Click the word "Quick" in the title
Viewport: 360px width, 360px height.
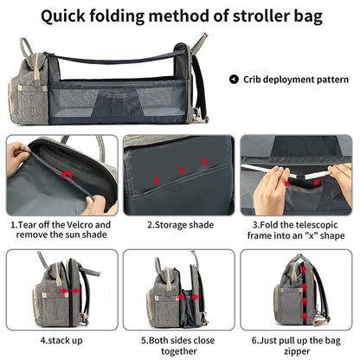pyautogui.click(x=63, y=16)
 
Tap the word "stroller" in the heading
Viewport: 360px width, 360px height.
pyautogui.click(x=261, y=16)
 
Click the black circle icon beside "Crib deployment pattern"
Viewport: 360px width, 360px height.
pyautogui.click(x=234, y=80)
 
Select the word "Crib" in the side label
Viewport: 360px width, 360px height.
pyautogui.click(x=253, y=80)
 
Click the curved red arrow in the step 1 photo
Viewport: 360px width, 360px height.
pyautogui.click(x=67, y=176)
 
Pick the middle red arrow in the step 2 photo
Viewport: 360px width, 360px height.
pyautogui.click(x=181, y=170)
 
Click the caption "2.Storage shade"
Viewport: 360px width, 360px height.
pyautogui.click(x=181, y=225)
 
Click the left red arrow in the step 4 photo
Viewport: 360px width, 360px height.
pyautogui.click(x=62, y=291)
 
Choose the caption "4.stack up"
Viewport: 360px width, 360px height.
pyautogui.click(x=61, y=340)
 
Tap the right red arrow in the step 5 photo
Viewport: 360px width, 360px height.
pyautogui.click(x=196, y=297)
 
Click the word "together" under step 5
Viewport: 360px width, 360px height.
pyautogui.click(x=179, y=351)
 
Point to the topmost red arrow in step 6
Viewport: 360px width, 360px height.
pyautogui.click(x=304, y=270)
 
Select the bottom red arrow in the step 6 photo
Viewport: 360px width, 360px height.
pyautogui.click(x=305, y=317)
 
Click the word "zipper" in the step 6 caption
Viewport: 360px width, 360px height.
pyautogui.click(x=297, y=351)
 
